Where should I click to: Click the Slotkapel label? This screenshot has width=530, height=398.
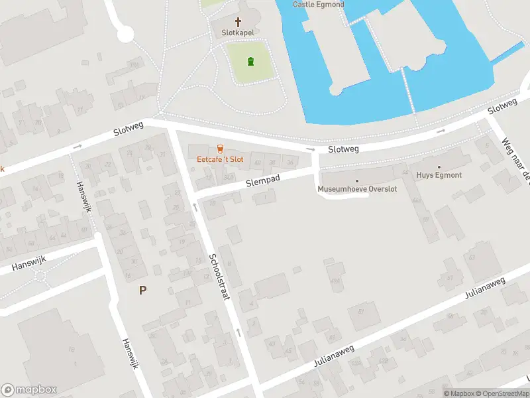(238, 33)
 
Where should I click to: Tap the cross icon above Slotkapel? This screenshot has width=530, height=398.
(238, 22)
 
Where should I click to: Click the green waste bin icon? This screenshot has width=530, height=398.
(250, 62)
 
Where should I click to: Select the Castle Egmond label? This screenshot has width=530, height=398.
(319, 4)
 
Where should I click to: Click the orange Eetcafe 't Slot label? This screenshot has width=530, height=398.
(220, 159)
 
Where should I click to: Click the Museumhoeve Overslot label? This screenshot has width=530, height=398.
(357, 189)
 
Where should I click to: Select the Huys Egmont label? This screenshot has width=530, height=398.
(439, 175)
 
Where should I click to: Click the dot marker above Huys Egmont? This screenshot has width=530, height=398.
(439, 167)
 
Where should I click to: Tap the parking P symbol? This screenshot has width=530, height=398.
(142, 290)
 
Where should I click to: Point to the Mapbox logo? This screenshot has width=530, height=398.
(28, 390)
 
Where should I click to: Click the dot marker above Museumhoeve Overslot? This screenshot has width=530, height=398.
(357, 180)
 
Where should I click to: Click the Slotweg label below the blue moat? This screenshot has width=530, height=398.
(343, 149)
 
